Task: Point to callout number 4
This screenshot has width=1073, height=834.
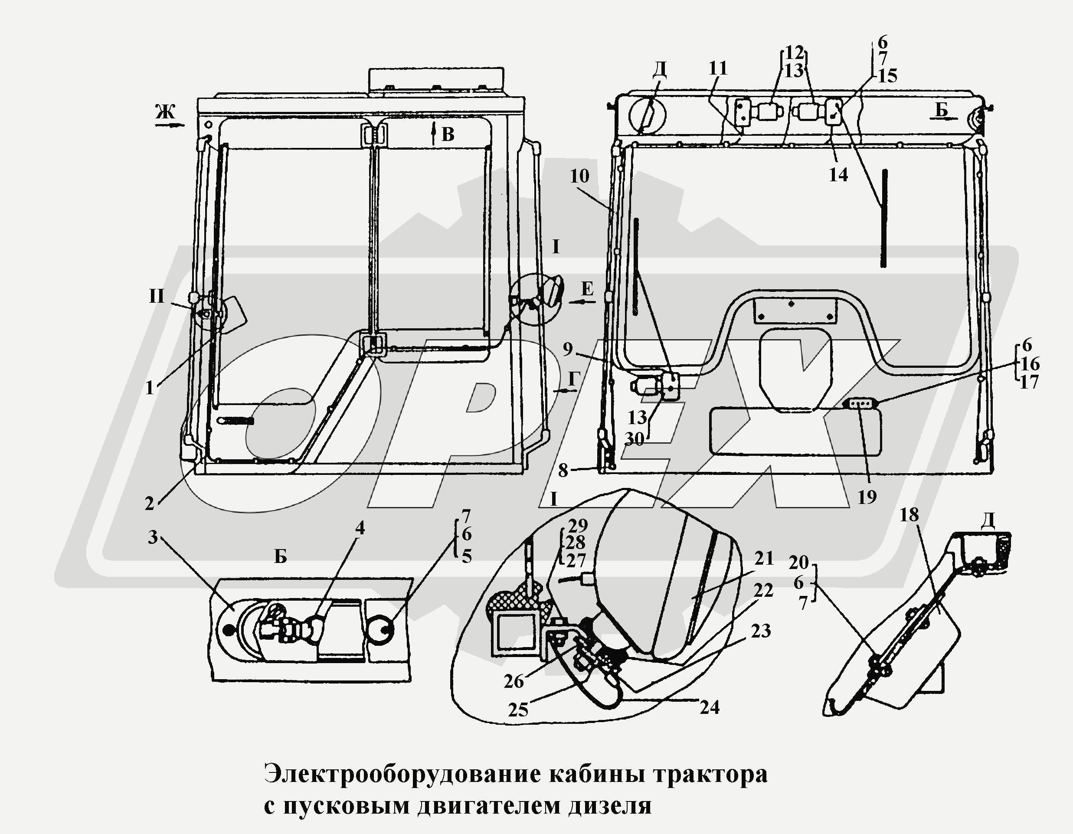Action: coord(360,528)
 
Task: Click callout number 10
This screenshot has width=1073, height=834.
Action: coord(580,176)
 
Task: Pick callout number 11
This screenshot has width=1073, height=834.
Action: coord(718,68)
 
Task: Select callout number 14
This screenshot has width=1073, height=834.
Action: coord(838,174)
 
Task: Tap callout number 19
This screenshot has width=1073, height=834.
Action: coord(867,497)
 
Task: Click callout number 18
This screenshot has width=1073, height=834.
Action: coord(909,515)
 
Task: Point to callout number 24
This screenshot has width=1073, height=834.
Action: coord(710,707)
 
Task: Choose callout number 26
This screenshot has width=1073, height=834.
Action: coord(514,681)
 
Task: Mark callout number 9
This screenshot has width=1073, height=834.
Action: coord(568,349)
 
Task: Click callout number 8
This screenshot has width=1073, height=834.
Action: coord(563,471)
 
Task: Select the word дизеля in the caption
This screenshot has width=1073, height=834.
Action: coord(610,806)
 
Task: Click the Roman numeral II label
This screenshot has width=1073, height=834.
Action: coord(157,297)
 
